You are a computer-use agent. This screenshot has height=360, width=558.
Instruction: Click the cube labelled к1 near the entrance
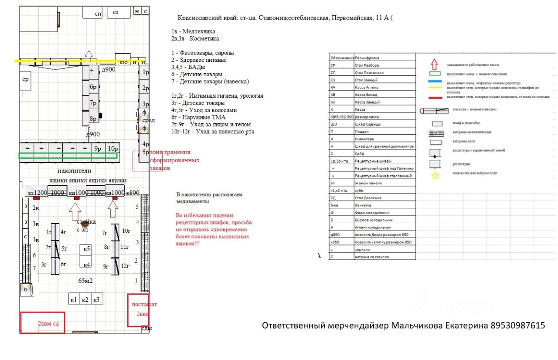coord(74,299)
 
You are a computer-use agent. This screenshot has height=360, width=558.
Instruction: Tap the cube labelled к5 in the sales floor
coord(86,249)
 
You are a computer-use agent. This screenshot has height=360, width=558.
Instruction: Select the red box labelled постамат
coord(139,310)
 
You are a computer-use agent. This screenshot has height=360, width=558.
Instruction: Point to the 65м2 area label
coord(85,280)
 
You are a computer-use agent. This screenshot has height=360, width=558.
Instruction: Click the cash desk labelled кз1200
coord(37,192)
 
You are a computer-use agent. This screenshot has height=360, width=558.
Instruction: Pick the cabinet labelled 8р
coord(92,118)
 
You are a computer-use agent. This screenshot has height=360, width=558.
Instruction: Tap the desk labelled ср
coord(25,79)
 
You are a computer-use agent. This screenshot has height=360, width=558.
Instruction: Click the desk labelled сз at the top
coord(116,12)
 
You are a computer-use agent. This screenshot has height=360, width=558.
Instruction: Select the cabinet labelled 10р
coord(113,149)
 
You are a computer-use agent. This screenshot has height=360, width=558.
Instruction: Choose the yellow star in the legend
coord(435,175)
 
